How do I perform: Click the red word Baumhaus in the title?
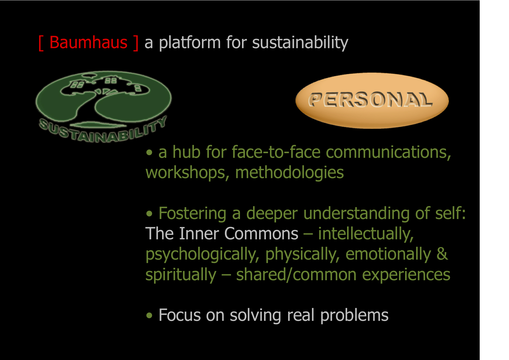click(89, 42)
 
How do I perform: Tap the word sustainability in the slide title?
click(300, 43)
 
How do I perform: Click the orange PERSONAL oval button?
click(372, 100)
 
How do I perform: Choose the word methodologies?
click(289, 173)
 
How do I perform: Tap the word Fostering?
click(192, 214)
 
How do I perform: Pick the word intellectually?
click(366, 234)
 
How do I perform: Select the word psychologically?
click(202, 254)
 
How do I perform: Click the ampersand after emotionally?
click(442, 254)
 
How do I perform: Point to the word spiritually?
click(181, 275)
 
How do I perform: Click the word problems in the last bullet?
click(354, 316)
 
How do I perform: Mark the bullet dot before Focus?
click(149, 316)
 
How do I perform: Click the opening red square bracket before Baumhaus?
click(41, 43)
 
